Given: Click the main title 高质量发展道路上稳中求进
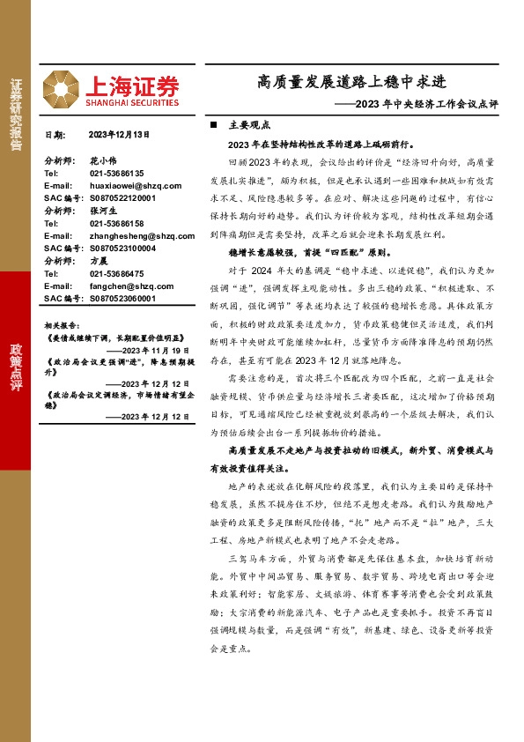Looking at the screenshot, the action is point(352,83).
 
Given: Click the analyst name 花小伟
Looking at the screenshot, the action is point(103,162).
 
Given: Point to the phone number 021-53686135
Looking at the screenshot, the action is point(116,174).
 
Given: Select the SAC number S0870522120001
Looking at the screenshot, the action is point(122,199).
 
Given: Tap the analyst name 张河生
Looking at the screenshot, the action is point(103,211).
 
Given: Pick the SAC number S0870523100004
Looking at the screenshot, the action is point(122,249).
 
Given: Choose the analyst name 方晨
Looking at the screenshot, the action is point(99,262).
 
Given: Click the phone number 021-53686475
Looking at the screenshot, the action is point(116,274).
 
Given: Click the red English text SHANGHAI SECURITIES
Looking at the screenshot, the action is point(132,102).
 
